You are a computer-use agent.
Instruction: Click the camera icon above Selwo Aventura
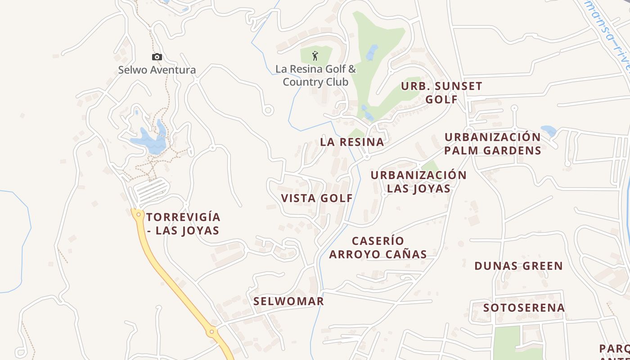(157, 57)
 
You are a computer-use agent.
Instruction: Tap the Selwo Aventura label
(157, 70)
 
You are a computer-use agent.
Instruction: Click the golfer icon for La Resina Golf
(315, 56)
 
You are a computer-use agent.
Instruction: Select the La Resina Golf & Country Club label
(315, 76)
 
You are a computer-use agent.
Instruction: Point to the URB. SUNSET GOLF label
(441, 93)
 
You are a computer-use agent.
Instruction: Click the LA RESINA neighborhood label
(352, 142)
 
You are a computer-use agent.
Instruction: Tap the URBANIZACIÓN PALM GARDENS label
(492, 144)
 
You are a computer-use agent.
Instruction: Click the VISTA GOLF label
(317, 198)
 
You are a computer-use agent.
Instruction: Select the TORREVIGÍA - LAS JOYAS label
(183, 224)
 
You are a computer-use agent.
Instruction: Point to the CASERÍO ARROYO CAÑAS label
(378, 247)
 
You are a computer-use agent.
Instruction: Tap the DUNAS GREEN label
(518, 266)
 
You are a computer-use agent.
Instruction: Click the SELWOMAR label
(288, 301)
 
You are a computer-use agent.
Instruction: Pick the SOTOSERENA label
(524, 308)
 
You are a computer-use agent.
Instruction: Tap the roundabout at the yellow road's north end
(139, 215)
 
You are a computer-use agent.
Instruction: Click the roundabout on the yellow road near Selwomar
(211, 332)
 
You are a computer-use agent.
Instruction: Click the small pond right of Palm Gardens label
(549, 131)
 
